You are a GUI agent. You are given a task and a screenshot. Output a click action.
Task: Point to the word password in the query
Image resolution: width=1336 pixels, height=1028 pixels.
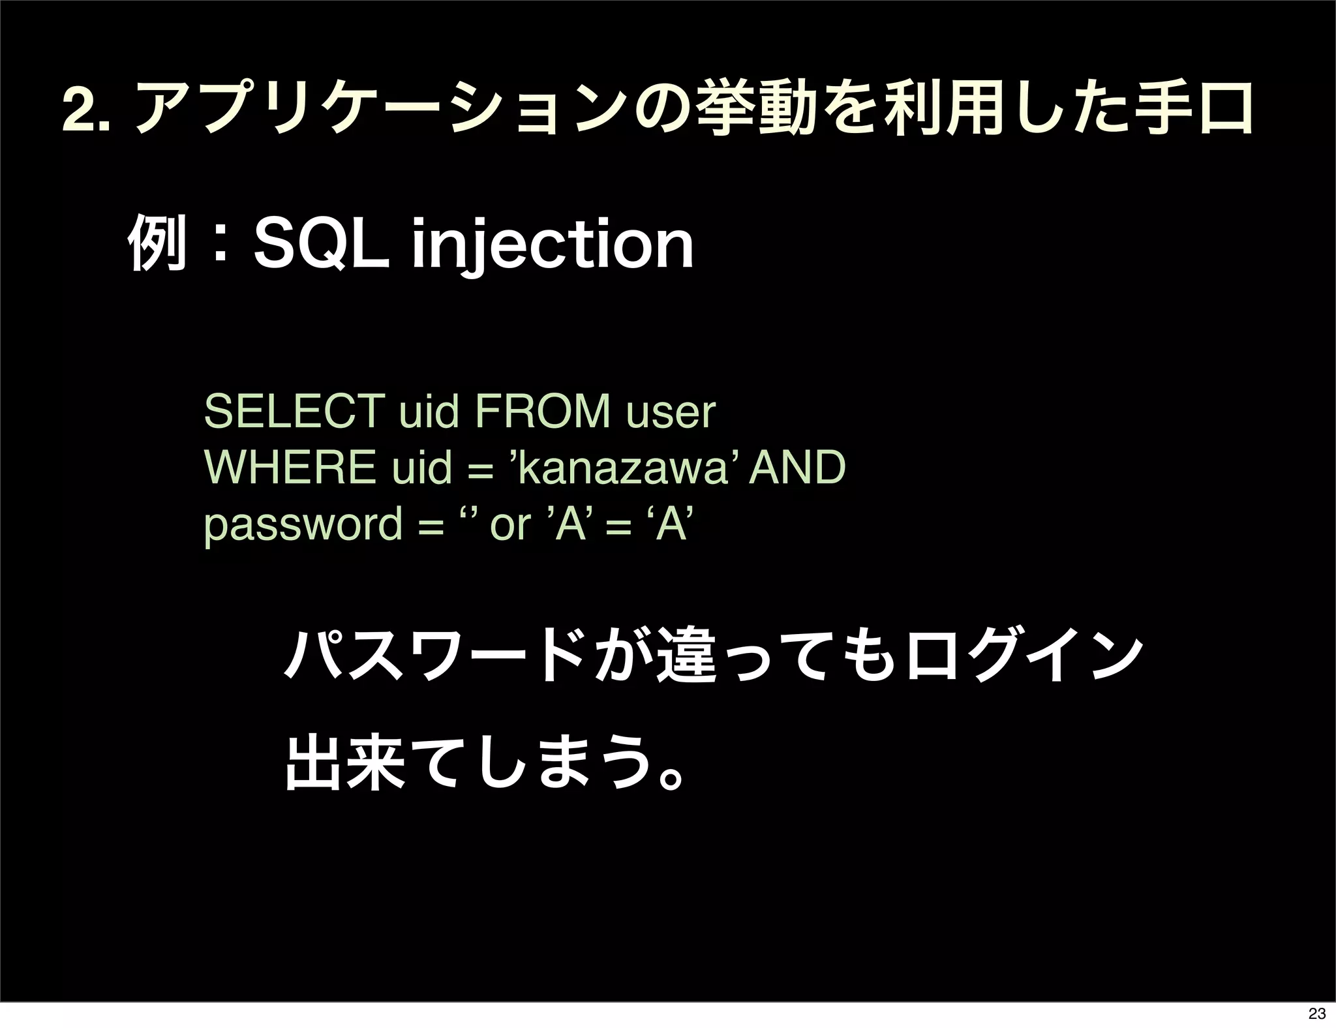point(303,525)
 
